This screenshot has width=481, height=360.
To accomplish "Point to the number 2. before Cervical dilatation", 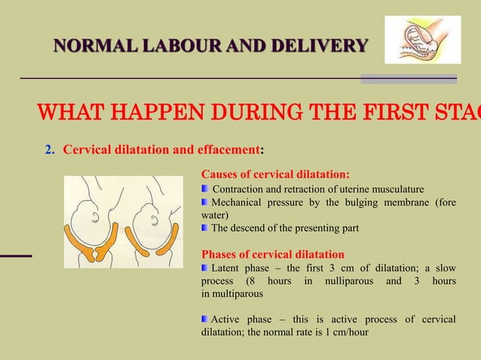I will (50, 148).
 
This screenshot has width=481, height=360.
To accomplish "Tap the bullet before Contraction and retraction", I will (205, 189).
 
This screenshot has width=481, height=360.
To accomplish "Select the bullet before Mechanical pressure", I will (205, 202).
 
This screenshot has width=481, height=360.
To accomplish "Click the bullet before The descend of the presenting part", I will (205, 227).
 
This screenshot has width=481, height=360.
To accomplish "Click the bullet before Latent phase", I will (205, 267).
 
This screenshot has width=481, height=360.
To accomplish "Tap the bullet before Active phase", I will (205, 320).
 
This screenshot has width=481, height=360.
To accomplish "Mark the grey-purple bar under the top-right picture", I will (408, 78).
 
